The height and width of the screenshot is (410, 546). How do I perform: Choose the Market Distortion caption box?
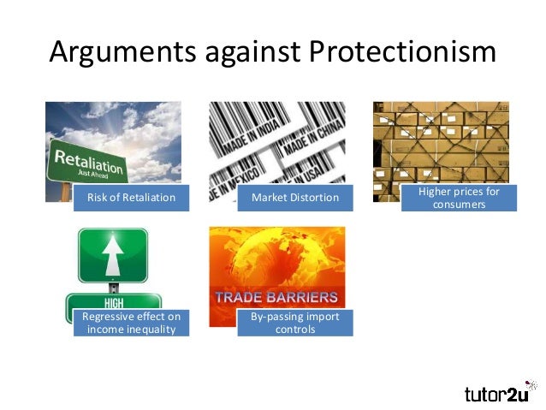[294, 199]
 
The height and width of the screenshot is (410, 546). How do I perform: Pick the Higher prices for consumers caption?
[459, 198]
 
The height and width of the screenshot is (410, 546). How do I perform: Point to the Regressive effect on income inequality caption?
[131, 323]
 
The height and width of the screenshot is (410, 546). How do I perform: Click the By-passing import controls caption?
[294, 323]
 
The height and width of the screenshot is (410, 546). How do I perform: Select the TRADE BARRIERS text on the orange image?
[276, 298]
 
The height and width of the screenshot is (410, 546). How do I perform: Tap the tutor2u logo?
[499, 393]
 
